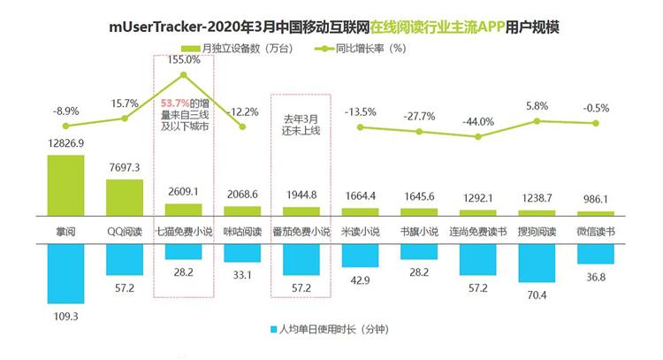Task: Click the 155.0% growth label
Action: [182, 60]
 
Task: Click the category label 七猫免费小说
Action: [183, 231]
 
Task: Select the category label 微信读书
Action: [595, 231]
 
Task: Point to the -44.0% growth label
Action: [478, 121]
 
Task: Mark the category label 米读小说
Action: [360, 231]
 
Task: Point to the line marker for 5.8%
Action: [537, 121]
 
